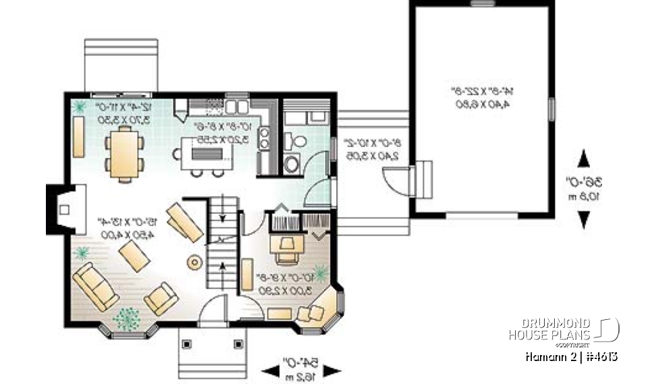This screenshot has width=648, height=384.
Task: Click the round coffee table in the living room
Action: coord(195,262)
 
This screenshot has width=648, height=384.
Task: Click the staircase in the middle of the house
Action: coord(223,246)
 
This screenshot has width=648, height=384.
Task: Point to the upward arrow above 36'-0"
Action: coord(584,159)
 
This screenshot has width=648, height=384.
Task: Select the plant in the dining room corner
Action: coord(80,106)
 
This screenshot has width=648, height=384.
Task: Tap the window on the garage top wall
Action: coord(482,3)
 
